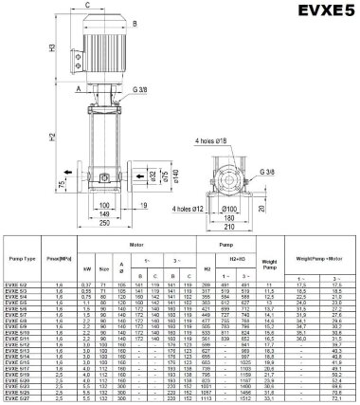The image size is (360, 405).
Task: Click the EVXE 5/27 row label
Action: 19,400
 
